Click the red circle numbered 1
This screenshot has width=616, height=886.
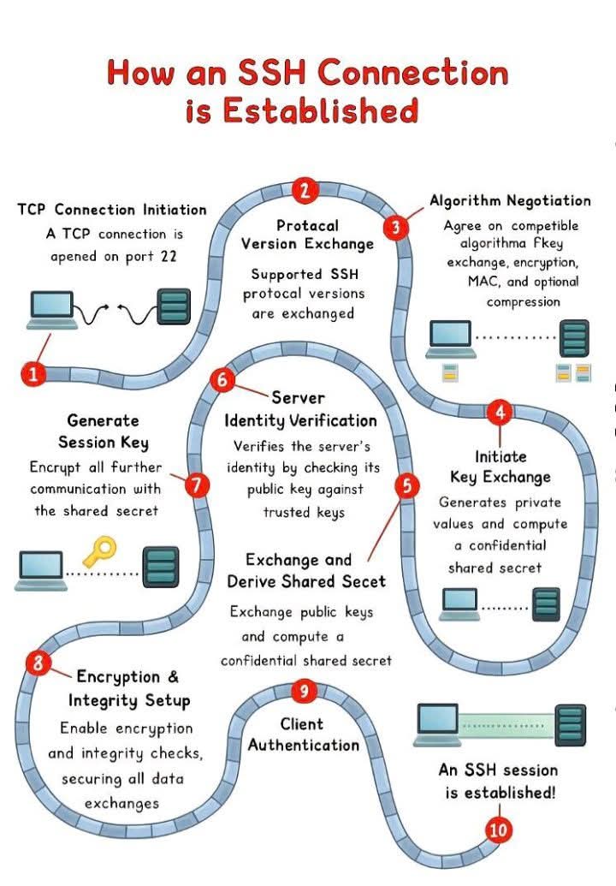tap(33, 373)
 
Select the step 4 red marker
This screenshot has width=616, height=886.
tap(500, 413)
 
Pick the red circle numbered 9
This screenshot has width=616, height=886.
tap(303, 690)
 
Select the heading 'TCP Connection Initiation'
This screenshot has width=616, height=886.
tap(112, 210)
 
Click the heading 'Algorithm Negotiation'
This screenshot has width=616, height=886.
tap(510, 201)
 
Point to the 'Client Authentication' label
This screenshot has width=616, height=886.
tap(303, 734)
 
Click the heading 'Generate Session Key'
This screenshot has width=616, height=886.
tap(104, 431)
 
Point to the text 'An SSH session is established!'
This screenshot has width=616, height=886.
tap(498, 781)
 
